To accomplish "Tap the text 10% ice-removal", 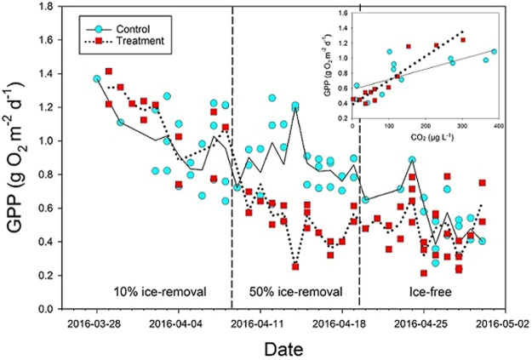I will coord(161,291).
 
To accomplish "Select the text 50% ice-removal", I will coord(295,291).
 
